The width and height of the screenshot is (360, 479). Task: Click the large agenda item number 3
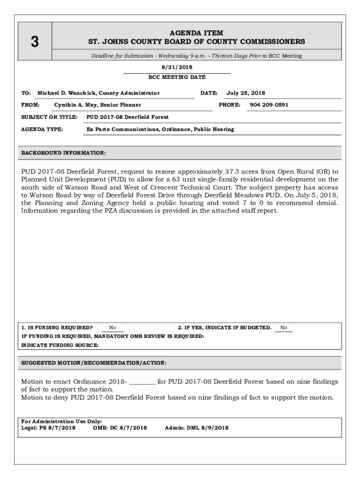35,42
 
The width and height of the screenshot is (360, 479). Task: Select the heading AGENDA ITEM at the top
196,33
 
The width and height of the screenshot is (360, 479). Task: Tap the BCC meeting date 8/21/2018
177,67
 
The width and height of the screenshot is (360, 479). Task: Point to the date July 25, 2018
245,93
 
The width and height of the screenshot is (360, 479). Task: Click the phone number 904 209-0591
269,105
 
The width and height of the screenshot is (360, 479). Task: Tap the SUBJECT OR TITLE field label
49,117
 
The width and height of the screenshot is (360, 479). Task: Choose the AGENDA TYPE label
42,129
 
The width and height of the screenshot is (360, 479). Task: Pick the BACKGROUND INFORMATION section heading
64,153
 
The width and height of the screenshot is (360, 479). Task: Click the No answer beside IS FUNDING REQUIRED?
113,328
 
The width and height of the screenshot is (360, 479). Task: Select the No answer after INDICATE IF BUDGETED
284,328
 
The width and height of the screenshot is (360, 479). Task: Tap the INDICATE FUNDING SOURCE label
60,345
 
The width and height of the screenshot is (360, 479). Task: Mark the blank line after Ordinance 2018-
142,382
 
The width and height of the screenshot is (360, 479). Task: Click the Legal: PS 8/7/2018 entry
48,428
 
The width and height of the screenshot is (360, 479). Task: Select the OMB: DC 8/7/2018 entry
120,428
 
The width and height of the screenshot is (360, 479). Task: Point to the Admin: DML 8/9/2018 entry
197,428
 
